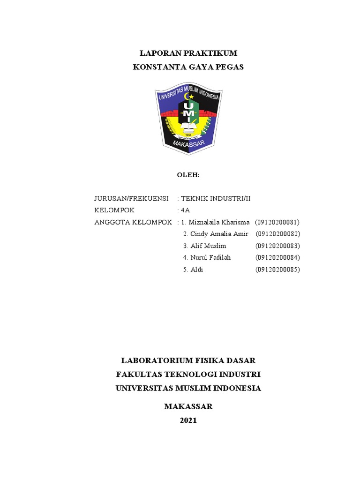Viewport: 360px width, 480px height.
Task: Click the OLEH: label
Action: coord(188,175)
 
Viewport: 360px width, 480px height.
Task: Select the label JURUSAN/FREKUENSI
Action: coord(131,198)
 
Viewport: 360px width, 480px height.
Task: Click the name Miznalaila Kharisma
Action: coord(218,222)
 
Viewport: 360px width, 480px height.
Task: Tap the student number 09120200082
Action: coord(277,233)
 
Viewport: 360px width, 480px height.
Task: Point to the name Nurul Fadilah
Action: coord(210,257)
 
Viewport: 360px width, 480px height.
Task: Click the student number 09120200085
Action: coord(277,270)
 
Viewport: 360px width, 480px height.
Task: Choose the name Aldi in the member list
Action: coord(196,270)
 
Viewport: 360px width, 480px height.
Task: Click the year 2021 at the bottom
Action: coord(188,420)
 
